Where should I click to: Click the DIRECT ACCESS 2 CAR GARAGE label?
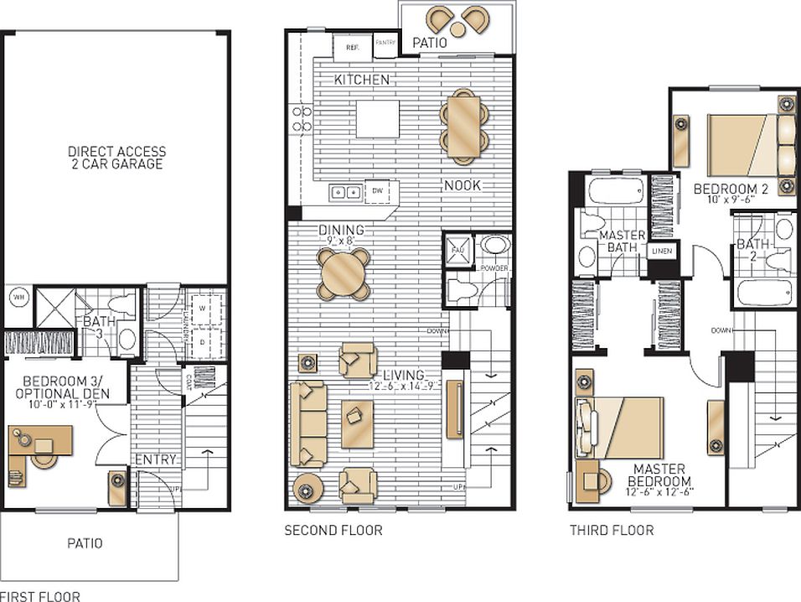[x=116, y=158]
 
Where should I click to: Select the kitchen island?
[x=375, y=119]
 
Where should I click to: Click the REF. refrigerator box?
[x=351, y=47]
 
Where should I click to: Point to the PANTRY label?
[x=385, y=42]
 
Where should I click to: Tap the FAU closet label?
[x=457, y=250]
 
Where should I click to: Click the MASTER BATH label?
[x=623, y=241]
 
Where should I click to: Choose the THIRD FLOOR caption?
[x=612, y=530]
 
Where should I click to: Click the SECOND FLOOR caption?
[x=333, y=530]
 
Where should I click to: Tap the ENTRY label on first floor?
[x=155, y=459]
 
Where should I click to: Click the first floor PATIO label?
[x=85, y=543]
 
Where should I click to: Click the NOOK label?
[x=463, y=184]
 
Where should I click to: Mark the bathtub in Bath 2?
[x=764, y=293]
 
